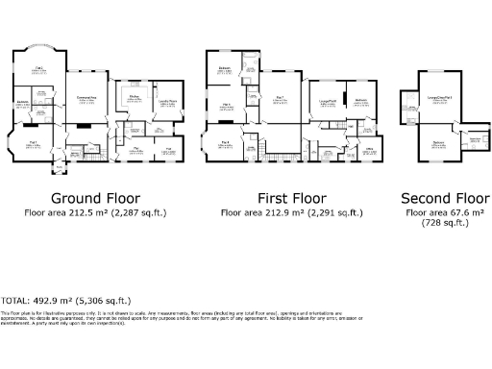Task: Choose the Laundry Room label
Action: pos(167,101)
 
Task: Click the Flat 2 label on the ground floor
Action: pos(39,68)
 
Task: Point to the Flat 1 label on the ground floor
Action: pos(32,141)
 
